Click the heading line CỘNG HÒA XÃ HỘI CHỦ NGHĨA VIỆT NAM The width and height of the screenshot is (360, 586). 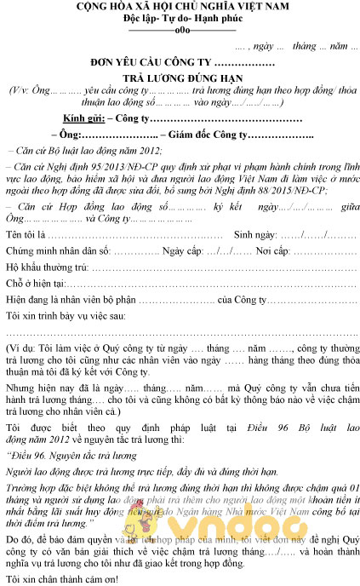[x=179, y=8]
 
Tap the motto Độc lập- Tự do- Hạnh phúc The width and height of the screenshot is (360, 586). [x=179, y=20]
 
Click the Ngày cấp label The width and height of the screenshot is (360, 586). [x=182, y=252]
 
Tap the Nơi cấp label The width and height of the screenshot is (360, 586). [x=272, y=252]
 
